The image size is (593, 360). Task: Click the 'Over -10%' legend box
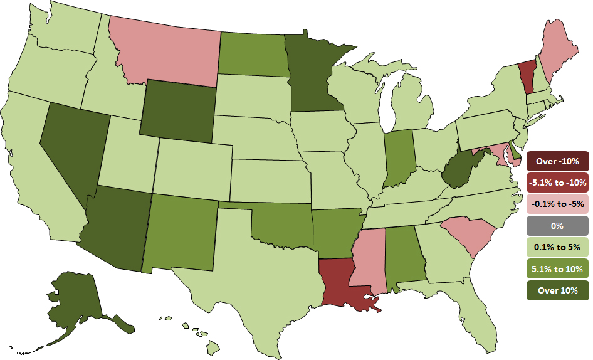557,161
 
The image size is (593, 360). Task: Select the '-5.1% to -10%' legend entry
557,183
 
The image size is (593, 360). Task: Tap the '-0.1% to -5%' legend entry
557,204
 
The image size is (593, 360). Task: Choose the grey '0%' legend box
557,226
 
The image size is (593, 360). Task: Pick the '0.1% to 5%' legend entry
557,247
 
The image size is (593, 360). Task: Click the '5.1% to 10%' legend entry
557,269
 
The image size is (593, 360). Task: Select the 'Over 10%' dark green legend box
557,290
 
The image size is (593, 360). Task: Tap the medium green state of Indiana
397,156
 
